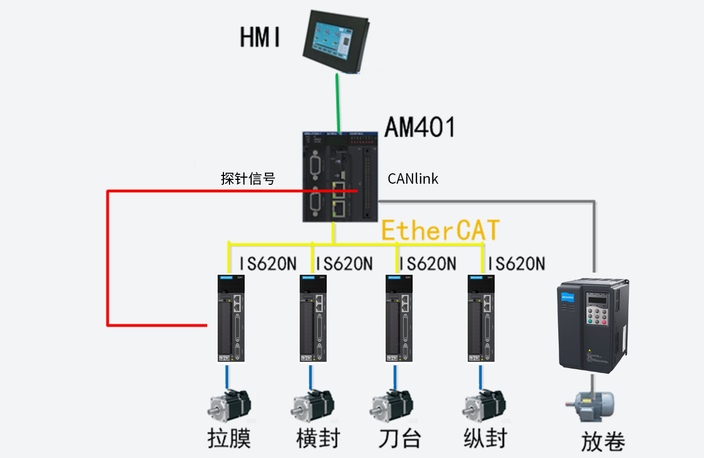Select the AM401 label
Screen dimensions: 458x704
click(420, 127)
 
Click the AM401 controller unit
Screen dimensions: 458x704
click(340, 177)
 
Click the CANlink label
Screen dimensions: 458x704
click(413, 179)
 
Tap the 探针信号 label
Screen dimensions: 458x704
click(248, 179)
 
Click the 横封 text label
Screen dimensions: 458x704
click(318, 439)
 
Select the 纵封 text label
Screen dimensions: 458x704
click(485, 439)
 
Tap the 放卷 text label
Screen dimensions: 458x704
click(603, 442)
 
